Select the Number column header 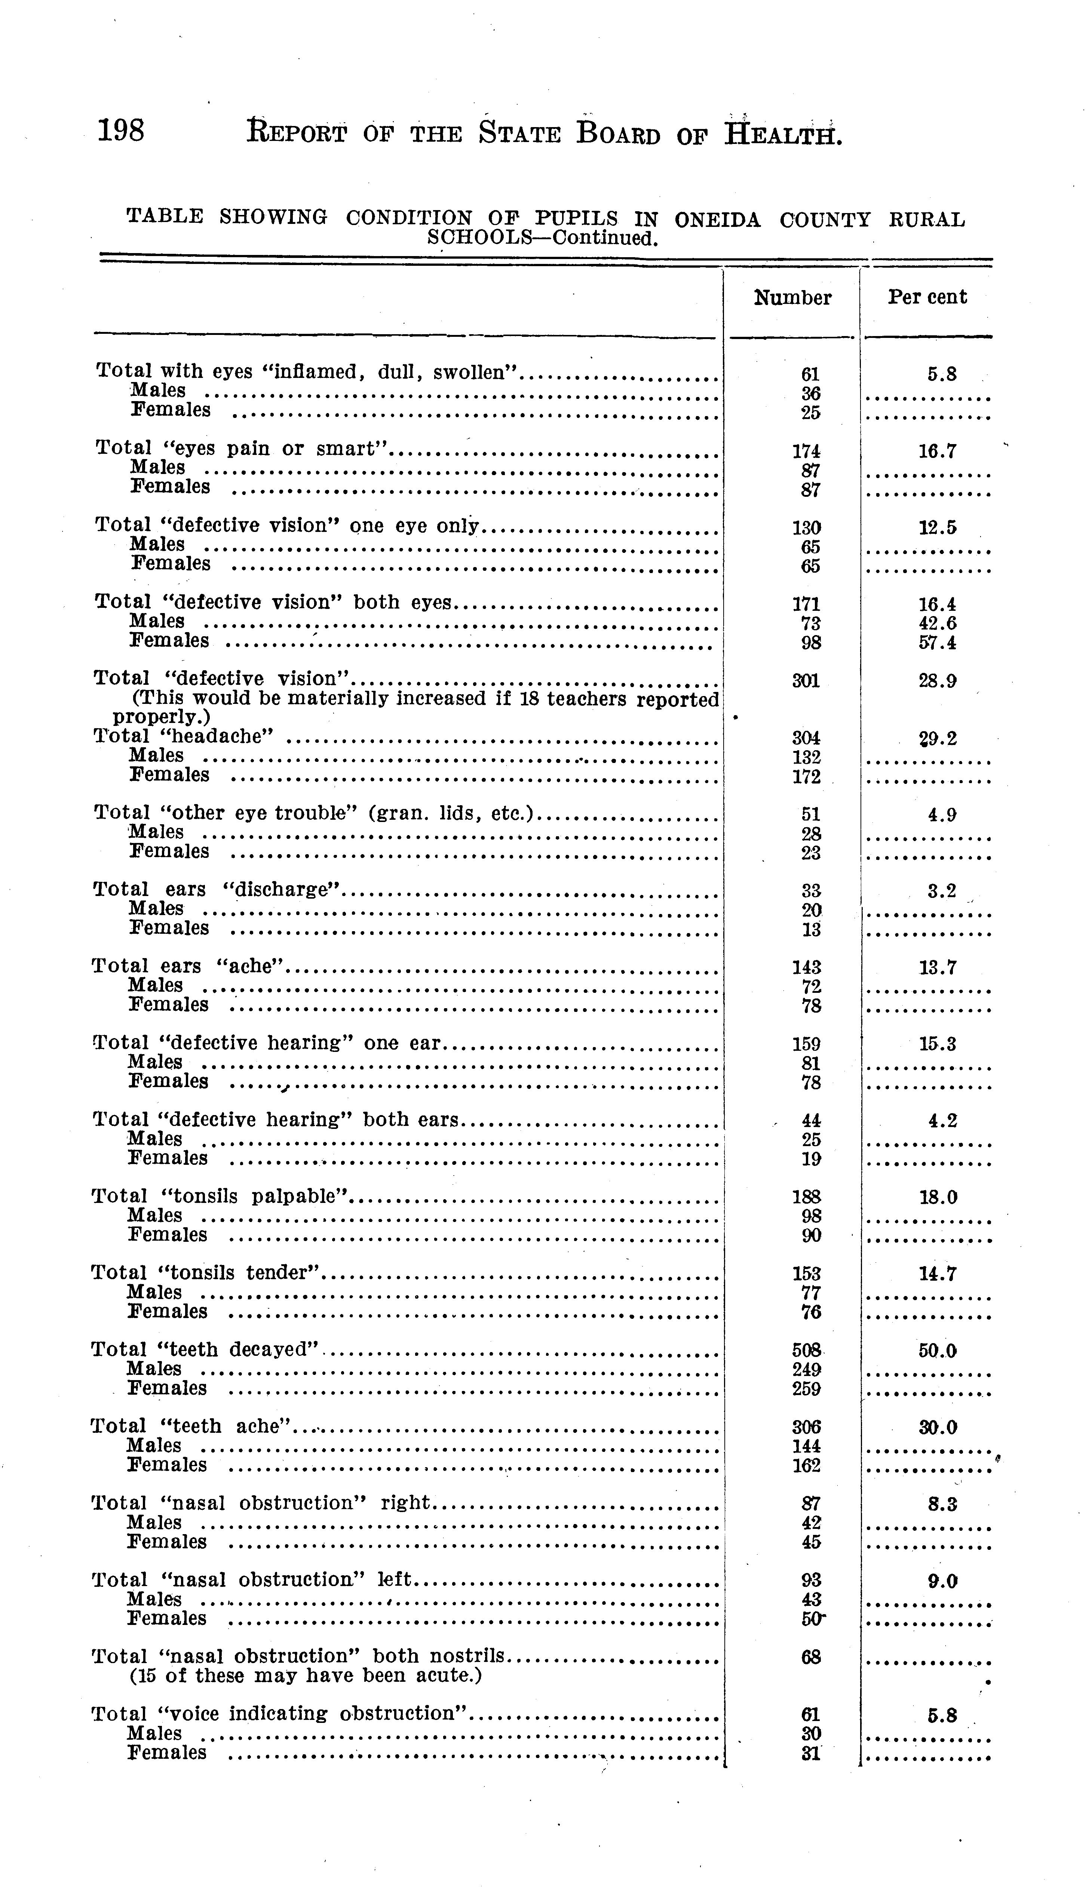click(x=792, y=298)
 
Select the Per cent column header click(x=927, y=297)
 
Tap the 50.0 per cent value click(x=938, y=1350)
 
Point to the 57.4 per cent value click(x=938, y=643)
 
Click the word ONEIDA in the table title click(x=717, y=220)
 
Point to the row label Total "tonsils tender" click(x=206, y=1272)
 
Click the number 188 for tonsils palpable click(x=807, y=1197)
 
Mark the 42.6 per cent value click(x=938, y=623)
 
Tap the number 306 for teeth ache click(x=807, y=1427)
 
